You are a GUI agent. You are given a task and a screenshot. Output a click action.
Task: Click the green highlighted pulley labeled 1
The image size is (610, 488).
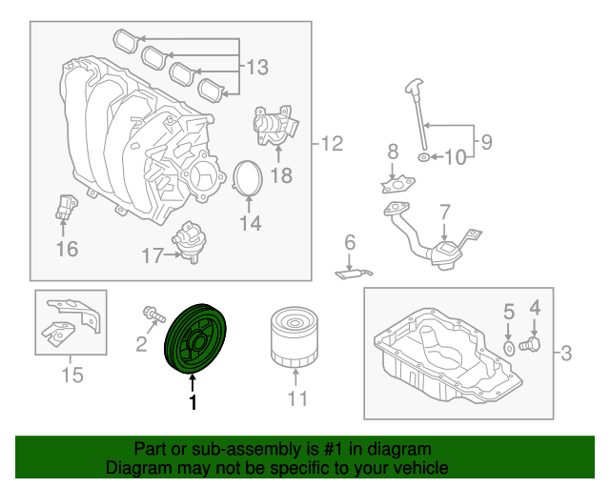tap(194, 339)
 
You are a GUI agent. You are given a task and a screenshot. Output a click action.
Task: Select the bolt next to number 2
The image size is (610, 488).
tap(151, 314)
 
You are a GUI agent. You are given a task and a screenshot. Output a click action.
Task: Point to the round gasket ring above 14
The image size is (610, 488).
tap(250, 178)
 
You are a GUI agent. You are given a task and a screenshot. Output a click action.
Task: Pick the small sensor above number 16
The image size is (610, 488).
tap(64, 209)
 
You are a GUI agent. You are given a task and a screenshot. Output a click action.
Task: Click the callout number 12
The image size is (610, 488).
tap(331, 145)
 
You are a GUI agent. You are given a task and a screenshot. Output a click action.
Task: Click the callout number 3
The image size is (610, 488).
tap(565, 356)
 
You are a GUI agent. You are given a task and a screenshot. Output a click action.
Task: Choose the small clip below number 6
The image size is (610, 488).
tap(353, 274)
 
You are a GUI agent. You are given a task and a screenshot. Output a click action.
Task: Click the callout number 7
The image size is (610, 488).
tap(444, 211)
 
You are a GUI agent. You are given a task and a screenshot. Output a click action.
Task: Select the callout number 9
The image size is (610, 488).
tap(485, 142)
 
